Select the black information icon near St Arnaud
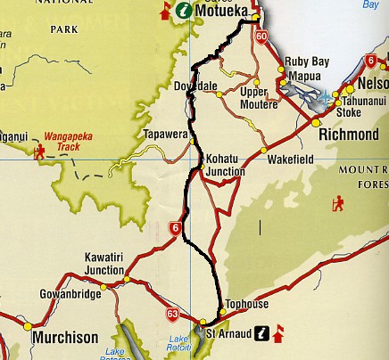[261, 333]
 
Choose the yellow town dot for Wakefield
[264, 148]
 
